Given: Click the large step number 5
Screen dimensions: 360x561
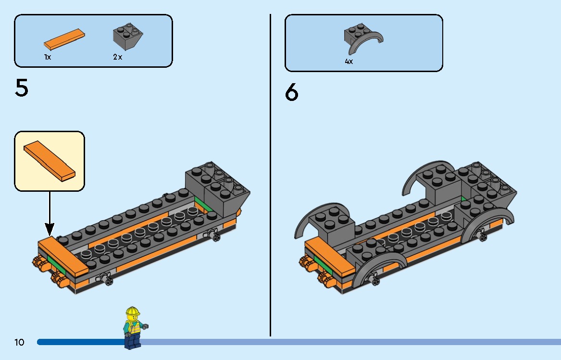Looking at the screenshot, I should click(22, 88).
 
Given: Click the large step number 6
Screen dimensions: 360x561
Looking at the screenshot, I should click(291, 92).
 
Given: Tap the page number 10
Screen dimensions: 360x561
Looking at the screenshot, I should click(19, 342).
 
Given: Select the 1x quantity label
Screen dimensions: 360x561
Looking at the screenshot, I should click(48, 57).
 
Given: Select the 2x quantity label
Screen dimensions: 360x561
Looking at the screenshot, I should click(118, 57).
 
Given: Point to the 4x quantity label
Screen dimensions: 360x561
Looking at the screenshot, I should click(349, 62).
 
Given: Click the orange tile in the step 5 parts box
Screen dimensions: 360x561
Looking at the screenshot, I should click(65, 39).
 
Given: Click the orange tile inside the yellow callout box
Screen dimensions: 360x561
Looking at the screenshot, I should click(50, 161).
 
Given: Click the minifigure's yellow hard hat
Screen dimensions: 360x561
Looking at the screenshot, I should click(132, 311).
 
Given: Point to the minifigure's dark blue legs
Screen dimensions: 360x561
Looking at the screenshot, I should click(132, 340).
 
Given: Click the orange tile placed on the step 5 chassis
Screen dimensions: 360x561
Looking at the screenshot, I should click(62, 255).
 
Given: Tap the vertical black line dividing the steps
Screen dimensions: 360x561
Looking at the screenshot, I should click(270, 192).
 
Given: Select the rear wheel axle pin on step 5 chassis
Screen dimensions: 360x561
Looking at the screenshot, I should click(213, 235).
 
